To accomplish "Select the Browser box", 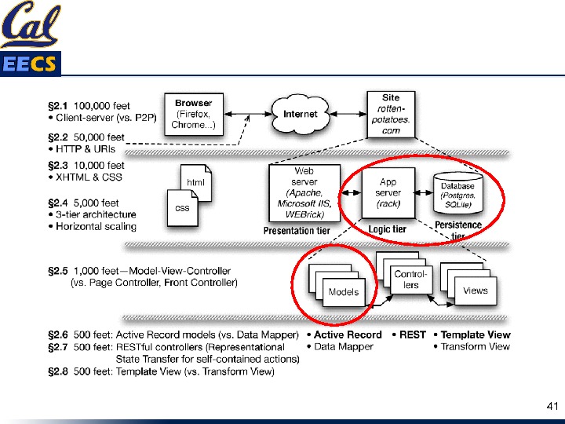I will [x=193, y=115].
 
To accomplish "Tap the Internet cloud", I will [x=301, y=115].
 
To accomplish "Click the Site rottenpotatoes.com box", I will [x=390, y=114].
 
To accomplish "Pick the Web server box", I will [x=304, y=192].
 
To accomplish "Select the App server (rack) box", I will [x=388, y=192].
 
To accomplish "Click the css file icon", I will [x=182, y=208].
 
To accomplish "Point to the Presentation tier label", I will [x=297, y=231].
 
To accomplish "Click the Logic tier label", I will [x=388, y=229].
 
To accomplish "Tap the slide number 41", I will [x=551, y=407].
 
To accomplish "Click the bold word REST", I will [x=412, y=334].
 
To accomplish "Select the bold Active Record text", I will [x=348, y=334].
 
